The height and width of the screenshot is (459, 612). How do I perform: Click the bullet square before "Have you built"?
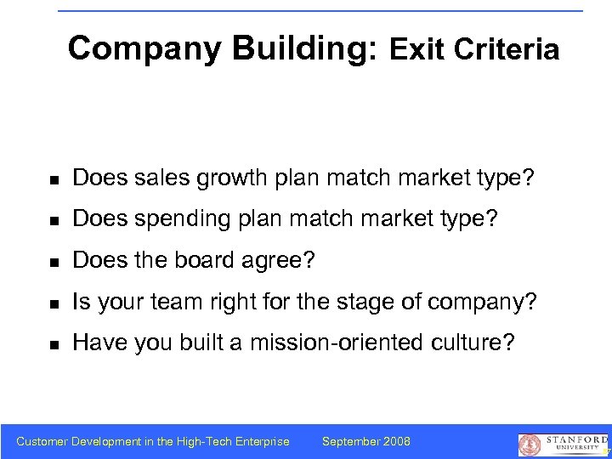(53, 343)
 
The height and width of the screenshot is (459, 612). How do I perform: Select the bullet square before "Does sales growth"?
(53, 180)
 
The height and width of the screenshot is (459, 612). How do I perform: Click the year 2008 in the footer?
(397, 441)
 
